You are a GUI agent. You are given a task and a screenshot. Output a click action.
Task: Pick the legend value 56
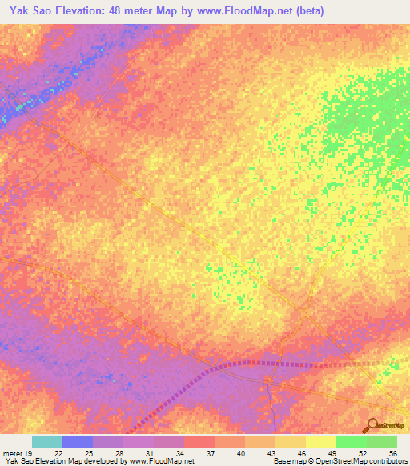(x=392, y=452)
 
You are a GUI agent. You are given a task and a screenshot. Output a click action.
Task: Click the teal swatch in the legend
(x=46, y=441)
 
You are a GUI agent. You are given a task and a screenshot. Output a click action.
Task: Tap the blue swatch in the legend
(x=77, y=441)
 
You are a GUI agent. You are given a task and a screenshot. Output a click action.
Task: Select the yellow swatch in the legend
(x=320, y=441)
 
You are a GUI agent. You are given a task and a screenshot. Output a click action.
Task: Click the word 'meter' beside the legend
(x=11, y=452)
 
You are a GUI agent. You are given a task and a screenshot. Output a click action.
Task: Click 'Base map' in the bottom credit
(x=288, y=461)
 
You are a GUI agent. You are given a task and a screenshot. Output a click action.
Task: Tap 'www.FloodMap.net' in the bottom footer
(x=159, y=461)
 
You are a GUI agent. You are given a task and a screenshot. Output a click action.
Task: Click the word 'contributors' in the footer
(x=388, y=461)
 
